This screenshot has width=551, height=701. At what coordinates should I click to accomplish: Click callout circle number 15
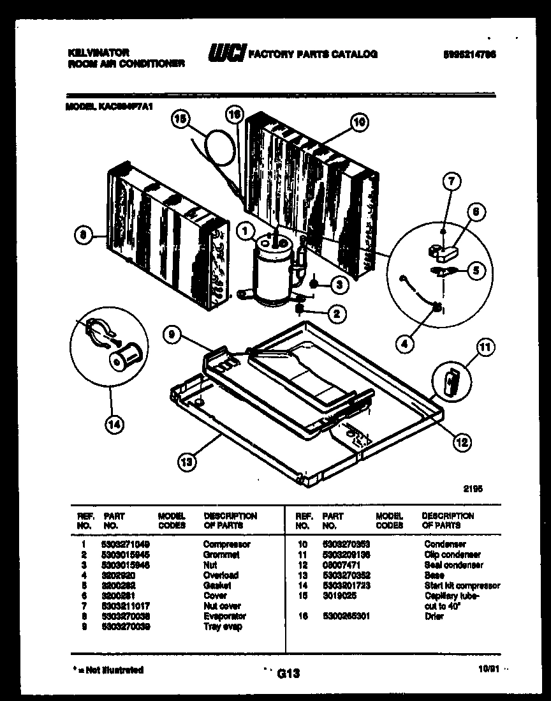tap(181, 119)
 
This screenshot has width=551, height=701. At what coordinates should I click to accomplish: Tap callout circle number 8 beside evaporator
tap(81, 236)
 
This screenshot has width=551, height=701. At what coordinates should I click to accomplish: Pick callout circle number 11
tap(485, 348)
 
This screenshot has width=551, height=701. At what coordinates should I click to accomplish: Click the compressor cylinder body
tap(268, 271)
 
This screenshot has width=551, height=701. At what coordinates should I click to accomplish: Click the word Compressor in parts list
tap(226, 545)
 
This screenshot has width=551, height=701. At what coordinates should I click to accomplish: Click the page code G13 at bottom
tap(288, 673)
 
